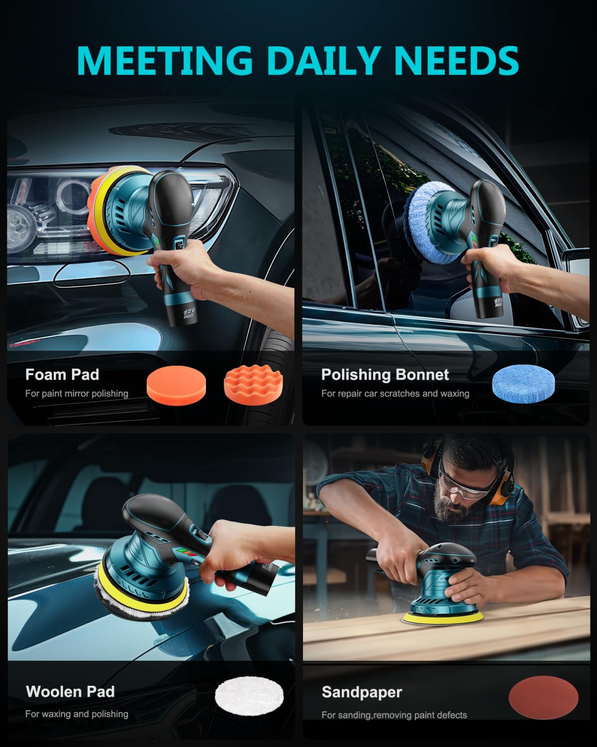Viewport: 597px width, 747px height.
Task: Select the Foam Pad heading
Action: point(62,374)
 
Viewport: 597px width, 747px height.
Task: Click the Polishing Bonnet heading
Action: point(385,374)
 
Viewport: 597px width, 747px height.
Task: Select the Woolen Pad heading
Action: point(70,692)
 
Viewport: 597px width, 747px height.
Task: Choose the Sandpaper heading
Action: point(362,692)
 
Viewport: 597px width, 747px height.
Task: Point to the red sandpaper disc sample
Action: point(543,697)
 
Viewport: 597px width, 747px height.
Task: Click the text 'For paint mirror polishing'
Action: point(77,393)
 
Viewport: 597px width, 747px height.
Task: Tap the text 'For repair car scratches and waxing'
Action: point(395,393)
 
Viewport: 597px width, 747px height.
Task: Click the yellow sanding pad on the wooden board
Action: point(443,618)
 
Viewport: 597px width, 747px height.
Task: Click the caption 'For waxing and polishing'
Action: point(77,714)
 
